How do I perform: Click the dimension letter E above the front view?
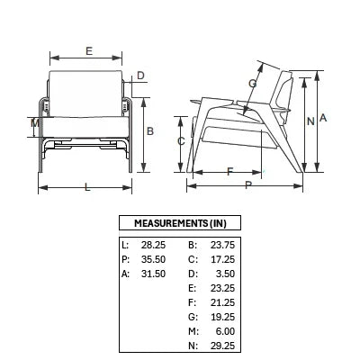pos(89,51)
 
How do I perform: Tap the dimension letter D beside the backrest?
pos(140,76)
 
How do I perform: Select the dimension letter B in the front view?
pos(150,131)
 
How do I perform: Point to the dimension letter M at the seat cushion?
pos(35,122)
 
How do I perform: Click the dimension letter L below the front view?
pos(87,187)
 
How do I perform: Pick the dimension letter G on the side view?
pos(253,84)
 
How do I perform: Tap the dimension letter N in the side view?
pos(310,121)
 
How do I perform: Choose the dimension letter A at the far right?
pos(323,118)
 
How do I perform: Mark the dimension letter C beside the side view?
pos(181,140)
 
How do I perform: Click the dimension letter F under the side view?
pos(229,172)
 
